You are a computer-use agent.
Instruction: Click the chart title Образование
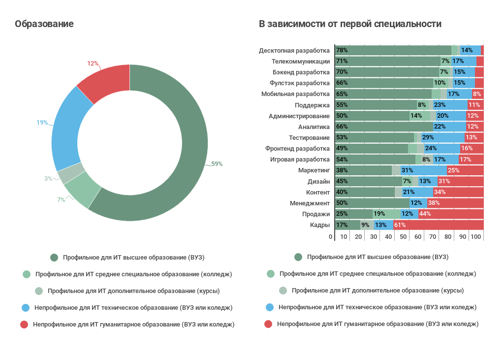44,24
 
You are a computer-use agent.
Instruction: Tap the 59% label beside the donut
217,164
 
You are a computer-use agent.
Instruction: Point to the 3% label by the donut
48,179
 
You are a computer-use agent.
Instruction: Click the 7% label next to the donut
61,199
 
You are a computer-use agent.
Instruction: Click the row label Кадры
319,225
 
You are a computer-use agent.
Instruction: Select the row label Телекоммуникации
301,62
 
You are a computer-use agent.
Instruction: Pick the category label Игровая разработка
300,160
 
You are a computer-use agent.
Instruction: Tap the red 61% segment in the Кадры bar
439,225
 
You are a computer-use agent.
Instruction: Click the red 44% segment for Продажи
451,214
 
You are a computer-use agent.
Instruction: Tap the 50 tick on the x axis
404,237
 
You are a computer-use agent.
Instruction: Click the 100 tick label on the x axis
475,237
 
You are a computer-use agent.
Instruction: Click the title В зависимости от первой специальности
350,24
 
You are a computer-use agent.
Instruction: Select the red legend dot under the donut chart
24,325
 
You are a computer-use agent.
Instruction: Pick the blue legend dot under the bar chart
269,307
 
